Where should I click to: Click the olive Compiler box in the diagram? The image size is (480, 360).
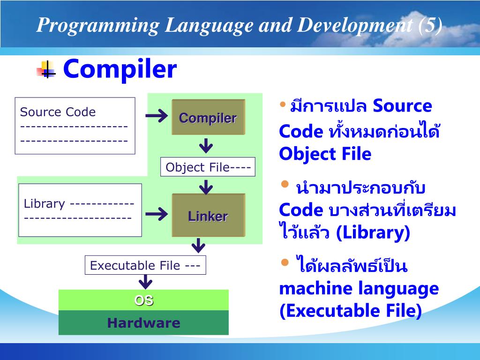click(x=208, y=117)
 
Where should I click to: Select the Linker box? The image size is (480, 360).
click(x=208, y=215)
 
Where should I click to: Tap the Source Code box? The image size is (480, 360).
click(x=75, y=126)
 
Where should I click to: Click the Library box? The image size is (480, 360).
click(x=80, y=210)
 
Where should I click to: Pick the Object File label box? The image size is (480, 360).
click(x=208, y=167)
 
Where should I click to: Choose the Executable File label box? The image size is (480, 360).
click(x=145, y=265)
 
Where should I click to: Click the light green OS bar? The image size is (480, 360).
click(x=143, y=300)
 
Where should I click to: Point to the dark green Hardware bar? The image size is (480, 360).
click(x=143, y=322)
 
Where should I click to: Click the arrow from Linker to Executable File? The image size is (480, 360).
click(x=199, y=245)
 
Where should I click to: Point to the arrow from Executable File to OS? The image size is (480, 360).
click(x=145, y=281)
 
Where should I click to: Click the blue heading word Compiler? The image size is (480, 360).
click(x=120, y=69)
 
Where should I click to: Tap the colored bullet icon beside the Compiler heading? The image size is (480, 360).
click(x=46, y=70)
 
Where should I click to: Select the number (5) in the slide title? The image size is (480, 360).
click(x=430, y=25)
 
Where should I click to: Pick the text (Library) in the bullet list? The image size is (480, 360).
click(x=373, y=233)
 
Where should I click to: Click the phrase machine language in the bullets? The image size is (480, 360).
click(x=359, y=288)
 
